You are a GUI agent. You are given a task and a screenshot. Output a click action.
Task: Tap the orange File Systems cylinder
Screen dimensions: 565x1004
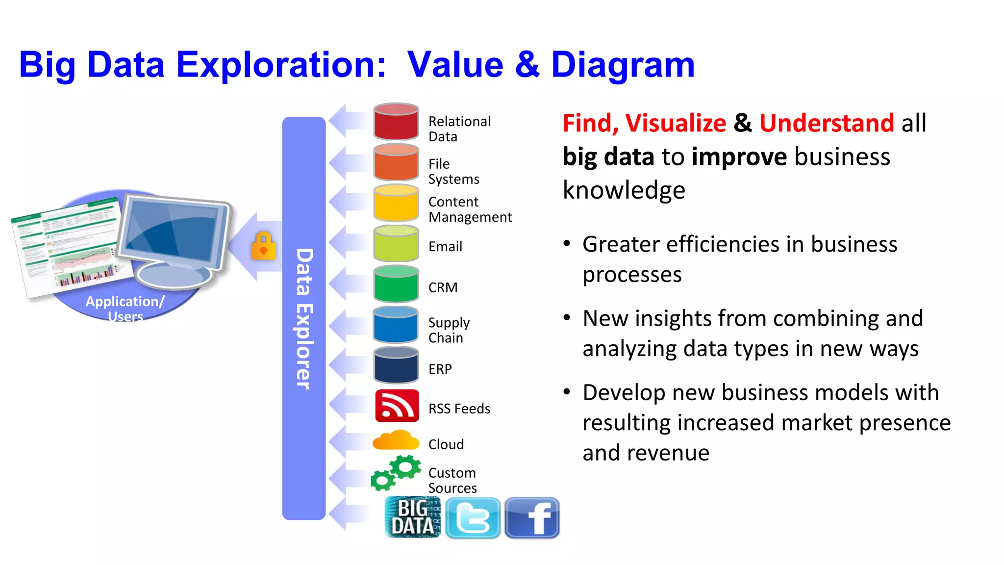(x=396, y=163)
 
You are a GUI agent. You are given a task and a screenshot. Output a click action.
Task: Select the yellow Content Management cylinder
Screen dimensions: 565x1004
(x=396, y=204)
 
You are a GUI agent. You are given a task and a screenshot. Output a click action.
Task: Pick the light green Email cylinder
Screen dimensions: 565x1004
(x=396, y=244)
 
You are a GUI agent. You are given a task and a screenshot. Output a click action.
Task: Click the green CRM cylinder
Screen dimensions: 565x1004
(x=396, y=284)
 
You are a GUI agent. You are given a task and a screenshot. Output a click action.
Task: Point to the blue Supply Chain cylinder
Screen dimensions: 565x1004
(x=396, y=325)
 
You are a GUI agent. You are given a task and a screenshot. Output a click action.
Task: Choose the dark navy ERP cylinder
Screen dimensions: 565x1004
(x=396, y=366)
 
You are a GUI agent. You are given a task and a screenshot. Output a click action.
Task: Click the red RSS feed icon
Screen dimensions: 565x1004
(x=397, y=406)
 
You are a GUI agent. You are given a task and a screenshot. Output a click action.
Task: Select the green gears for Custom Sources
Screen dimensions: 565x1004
(x=396, y=473)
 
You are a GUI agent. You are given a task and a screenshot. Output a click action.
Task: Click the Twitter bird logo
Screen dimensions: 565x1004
(x=473, y=518)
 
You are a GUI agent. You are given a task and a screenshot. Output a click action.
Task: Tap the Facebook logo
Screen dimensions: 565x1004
(x=532, y=518)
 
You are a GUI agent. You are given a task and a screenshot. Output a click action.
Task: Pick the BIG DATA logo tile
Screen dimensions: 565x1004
(x=412, y=517)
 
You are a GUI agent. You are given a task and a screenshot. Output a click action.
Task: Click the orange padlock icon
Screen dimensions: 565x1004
(x=264, y=246)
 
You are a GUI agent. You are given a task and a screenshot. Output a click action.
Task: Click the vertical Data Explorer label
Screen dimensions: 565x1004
(x=304, y=319)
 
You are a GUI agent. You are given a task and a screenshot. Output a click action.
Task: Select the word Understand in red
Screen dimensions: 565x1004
(x=827, y=123)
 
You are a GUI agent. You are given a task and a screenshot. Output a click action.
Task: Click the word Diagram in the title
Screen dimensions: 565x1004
(x=623, y=65)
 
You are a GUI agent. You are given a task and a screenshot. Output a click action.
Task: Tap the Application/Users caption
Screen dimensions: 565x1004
(x=125, y=308)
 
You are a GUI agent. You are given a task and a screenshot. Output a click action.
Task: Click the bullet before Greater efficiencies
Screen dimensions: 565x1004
(x=567, y=244)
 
